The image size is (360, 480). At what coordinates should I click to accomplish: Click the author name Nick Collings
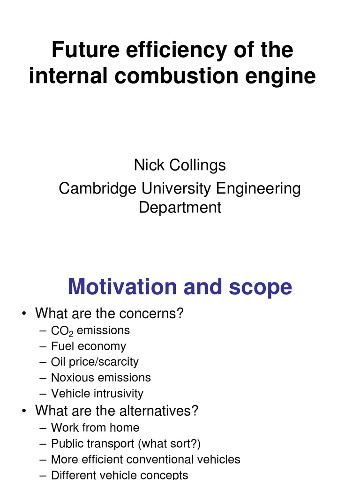pos(180,165)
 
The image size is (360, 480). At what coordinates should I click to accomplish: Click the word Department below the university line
pos(180,207)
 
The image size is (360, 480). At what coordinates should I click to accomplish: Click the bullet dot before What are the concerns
pos(23,314)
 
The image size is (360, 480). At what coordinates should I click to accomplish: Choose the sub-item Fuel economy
pos(89,346)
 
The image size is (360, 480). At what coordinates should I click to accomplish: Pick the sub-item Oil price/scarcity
pos(95,362)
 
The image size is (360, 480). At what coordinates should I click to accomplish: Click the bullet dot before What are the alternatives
pos(23,411)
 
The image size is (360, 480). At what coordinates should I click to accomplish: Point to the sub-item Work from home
pos(95,427)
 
